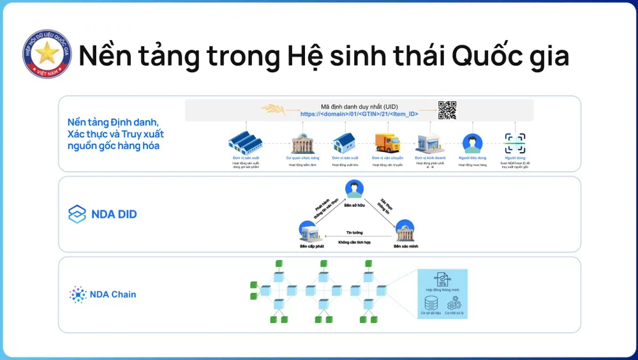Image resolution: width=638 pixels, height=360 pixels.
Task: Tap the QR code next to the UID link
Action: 447,110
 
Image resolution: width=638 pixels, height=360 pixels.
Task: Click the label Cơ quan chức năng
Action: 303,157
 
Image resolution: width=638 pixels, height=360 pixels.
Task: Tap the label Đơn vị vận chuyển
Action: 387,157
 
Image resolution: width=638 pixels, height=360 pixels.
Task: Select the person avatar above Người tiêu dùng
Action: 473,142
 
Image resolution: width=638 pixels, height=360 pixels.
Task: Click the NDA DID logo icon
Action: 77,214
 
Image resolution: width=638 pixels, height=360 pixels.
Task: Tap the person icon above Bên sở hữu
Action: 353,189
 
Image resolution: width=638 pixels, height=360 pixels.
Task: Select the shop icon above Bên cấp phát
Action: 309,230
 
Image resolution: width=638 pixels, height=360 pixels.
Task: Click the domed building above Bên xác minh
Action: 404,230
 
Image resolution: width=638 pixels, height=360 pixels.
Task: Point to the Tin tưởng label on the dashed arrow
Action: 354,233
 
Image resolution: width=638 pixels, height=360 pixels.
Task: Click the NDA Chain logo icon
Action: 78,294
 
